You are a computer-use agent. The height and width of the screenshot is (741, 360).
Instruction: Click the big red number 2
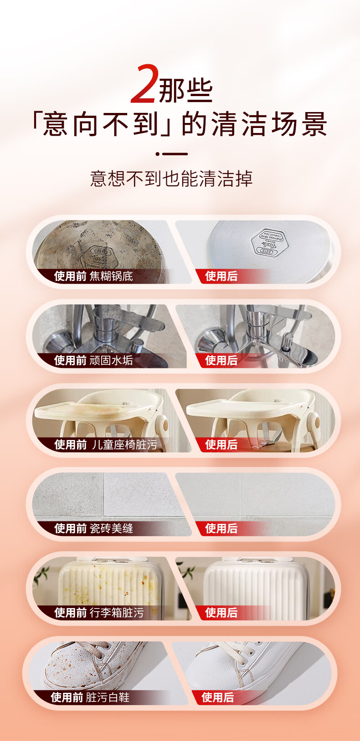click(x=143, y=84)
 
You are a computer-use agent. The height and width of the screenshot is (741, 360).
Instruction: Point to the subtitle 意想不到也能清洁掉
click(x=171, y=179)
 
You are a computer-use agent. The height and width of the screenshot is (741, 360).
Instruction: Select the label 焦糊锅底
click(x=111, y=276)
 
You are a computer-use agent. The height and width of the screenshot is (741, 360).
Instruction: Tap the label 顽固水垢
click(x=111, y=360)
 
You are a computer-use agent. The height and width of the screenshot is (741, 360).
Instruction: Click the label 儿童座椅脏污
click(x=124, y=445)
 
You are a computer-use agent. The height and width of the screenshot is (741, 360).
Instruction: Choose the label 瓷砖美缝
click(x=111, y=528)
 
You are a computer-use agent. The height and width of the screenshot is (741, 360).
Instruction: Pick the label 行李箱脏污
click(x=117, y=613)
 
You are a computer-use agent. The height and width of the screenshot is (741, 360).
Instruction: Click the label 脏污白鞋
click(x=108, y=697)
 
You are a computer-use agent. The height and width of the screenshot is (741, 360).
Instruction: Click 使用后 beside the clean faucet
click(x=221, y=360)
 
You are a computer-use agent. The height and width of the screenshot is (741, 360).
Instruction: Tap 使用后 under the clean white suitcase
click(x=221, y=613)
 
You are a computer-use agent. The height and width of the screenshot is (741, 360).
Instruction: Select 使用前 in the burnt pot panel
click(x=71, y=276)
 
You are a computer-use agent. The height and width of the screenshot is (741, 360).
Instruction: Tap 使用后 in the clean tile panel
click(x=221, y=528)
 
